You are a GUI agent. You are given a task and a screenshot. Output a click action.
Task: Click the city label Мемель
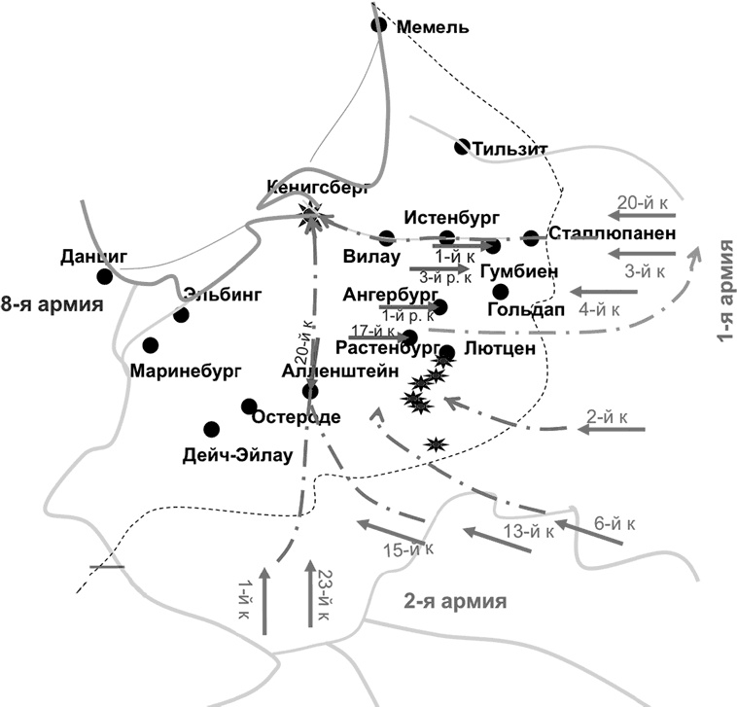tap(434, 27)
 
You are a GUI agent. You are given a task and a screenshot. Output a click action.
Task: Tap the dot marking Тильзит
tap(465, 147)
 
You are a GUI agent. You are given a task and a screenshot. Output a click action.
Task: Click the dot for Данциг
tap(104, 276)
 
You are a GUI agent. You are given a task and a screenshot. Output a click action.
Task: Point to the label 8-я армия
tap(53, 304)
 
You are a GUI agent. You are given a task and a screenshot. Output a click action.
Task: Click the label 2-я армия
tap(454, 601)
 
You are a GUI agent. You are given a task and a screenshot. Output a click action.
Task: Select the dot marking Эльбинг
tap(181, 314)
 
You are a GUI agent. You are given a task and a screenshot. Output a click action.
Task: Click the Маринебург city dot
tap(150, 345)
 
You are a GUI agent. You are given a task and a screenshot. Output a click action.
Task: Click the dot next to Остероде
tap(249, 407)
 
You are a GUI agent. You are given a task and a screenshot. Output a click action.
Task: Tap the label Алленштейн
tap(330, 371)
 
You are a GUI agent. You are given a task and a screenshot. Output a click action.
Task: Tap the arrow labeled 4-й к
tap(602, 291)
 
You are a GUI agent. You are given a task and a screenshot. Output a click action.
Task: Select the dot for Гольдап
tap(501, 291)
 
